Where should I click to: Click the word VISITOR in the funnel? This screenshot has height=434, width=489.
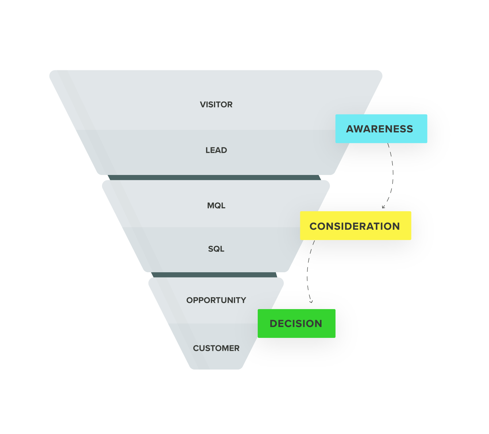(x=216, y=104)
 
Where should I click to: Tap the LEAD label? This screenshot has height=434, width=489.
(x=216, y=150)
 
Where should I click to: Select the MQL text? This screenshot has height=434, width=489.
(x=216, y=205)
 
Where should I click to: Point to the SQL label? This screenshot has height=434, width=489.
(x=216, y=249)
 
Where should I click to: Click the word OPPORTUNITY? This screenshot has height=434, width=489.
(x=216, y=300)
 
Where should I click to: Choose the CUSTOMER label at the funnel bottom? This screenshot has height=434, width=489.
(x=216, y=348)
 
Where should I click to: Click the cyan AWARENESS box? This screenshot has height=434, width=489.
(x=381, y=129)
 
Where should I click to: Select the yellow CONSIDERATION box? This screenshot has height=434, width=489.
(x=355, y=226)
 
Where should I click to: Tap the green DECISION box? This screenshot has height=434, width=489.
(x=296, y=323)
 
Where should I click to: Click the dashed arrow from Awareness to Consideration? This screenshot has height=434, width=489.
(x=393, y=173)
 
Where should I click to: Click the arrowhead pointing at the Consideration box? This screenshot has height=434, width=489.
(x=383, y=207)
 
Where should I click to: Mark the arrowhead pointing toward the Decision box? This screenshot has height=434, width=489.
(x=311, y=302)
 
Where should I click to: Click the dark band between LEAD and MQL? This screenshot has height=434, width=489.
(x=214, y=178)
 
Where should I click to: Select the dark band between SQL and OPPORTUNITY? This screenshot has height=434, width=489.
(x=214, y=275)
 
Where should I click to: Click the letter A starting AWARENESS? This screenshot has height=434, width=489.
(x=350, y=129)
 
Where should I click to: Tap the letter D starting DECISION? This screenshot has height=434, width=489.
(x=273, y=323)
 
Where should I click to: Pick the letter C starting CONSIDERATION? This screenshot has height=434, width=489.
(x=313, y=226)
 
